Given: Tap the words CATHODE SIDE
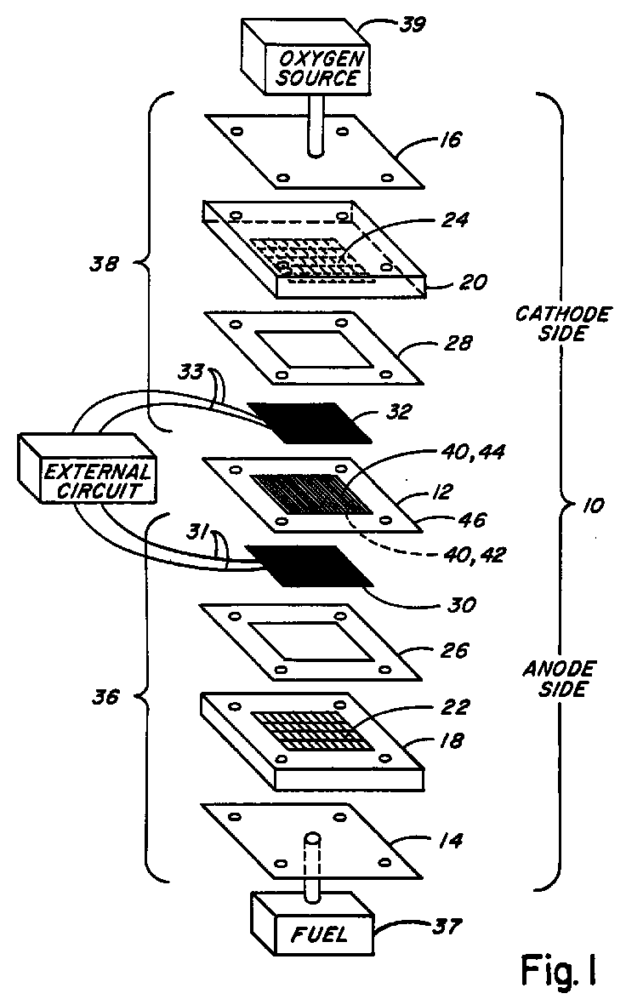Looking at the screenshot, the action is pos(562,323).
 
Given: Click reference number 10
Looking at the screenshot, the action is pos(593,505).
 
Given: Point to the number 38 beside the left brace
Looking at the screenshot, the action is pos(104,264).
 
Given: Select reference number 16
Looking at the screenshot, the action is pos(451,140).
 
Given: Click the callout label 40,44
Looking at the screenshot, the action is pos(473,453).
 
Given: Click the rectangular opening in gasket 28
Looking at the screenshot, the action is pos(313,350).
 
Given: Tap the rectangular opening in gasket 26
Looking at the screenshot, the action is pos(311,642).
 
